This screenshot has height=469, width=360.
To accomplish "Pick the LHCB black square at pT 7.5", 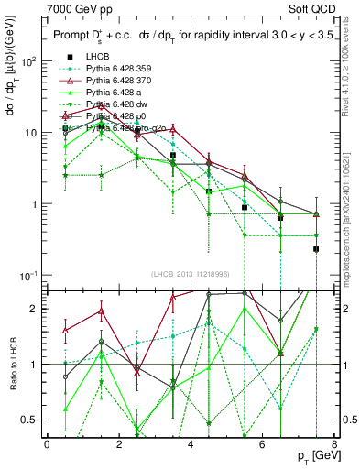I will coord(316,249).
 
